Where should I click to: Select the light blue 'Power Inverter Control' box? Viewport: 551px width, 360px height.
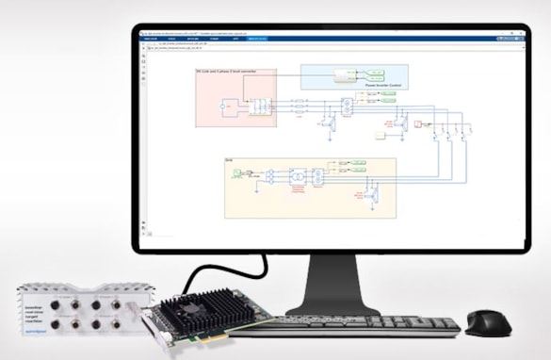click(x=354, y=76)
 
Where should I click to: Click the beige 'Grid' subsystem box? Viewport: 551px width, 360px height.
click(x=310, y=188)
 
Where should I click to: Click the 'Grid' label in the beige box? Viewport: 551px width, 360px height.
click(x=229, y=161)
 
